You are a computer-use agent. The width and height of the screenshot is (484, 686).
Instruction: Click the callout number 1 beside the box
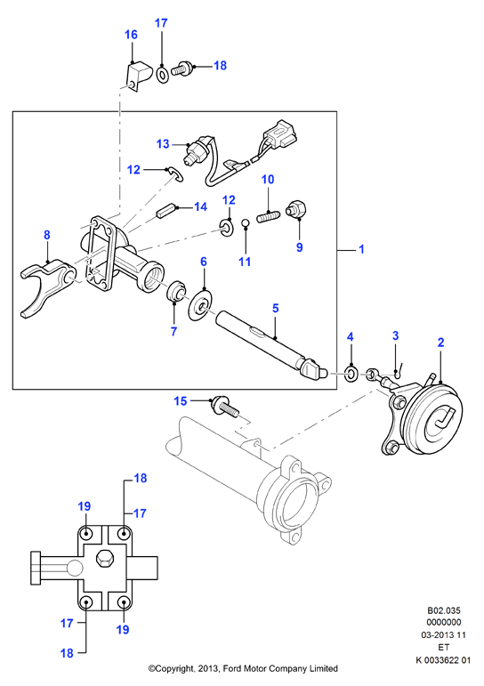point(361,249)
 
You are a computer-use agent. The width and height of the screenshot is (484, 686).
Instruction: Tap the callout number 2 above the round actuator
point(440,343)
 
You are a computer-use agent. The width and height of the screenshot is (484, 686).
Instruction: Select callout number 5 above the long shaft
point(275,308)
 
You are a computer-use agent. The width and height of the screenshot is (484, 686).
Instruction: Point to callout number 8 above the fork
point(47,235)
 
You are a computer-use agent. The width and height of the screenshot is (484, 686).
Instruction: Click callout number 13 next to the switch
point(163,144)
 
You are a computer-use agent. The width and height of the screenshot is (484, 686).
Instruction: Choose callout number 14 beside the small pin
point(200,206)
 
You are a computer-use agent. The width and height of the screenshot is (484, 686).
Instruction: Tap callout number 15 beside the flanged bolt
point(181,400)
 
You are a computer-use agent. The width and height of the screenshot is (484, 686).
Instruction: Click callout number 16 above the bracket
point(132,35)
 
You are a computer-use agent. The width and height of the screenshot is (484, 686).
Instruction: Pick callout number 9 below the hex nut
point(299,247)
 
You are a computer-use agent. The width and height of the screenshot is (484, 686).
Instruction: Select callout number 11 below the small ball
point(245,262)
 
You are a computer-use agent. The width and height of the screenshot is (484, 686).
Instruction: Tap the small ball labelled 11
point(246,223)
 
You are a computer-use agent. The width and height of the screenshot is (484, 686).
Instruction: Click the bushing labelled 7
point(177,291)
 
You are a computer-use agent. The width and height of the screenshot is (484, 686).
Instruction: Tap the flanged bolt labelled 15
point(226,407)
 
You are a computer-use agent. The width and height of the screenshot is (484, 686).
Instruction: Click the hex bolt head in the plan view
point(104,560)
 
